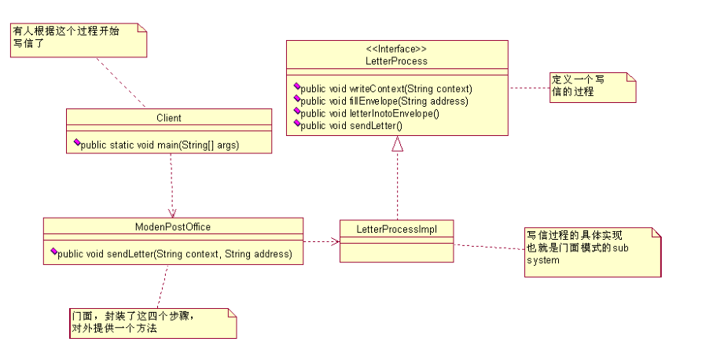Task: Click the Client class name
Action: point(169,118)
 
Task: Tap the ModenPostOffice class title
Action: point(173,226)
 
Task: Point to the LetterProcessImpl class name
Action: point(396,229)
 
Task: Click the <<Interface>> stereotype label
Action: point(397,49)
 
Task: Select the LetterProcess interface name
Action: point(397,60)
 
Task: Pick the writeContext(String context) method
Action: point(386,88)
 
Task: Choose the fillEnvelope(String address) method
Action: point(384,101)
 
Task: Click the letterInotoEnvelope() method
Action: point(369,112)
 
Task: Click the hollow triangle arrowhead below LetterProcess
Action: point(398,144)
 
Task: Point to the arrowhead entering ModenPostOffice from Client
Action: point(172,212)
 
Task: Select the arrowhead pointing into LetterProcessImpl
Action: point(335,241)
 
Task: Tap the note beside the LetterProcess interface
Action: point(592,86)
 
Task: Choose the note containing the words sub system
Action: point(592,251)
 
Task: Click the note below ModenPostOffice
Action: point(153,322)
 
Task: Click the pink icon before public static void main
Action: point(77,144)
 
